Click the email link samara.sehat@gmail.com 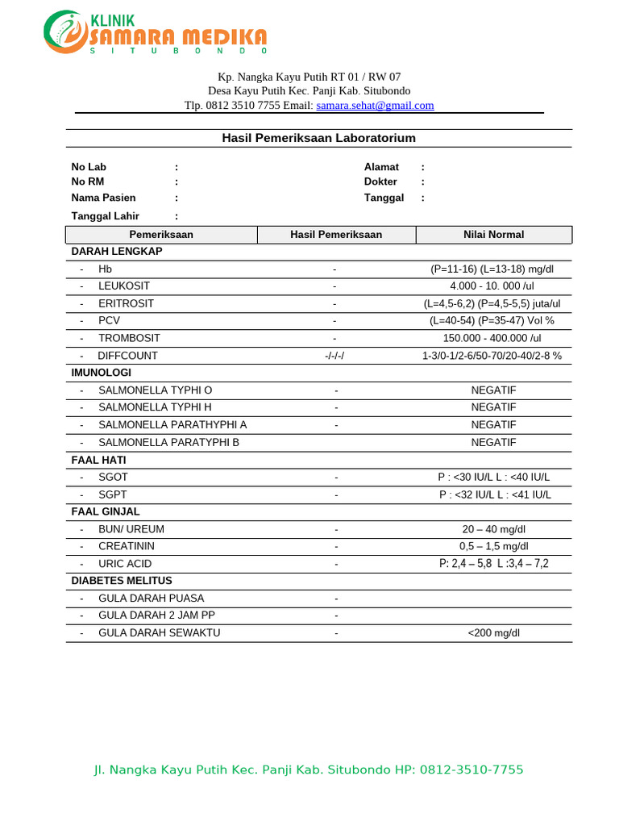coord(375,105)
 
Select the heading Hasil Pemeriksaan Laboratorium coord(318,138)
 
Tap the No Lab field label coord(89,167)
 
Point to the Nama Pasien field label coord(103,198)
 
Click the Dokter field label coord(380,182)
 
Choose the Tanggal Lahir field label coord(105,216)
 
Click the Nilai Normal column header coord(493,235)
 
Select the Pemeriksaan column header coord(161,235)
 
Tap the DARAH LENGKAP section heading coord(117,252)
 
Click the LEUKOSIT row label coord(124,286)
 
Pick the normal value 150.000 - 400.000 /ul coord(492,339)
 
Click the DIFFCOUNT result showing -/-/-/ coord(334,356)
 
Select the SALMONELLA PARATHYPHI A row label coord(172,425)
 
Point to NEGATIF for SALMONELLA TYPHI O coord(493,390)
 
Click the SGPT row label coord(113,494)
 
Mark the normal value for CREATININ coord(492,547)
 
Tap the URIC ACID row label coord(125,564)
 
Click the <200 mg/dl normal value coord(493,633)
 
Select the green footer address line coord(309,770)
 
